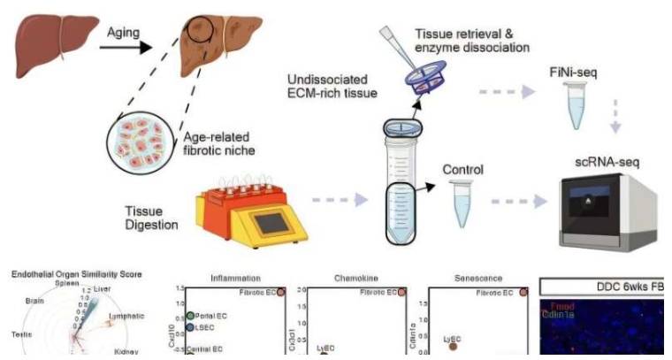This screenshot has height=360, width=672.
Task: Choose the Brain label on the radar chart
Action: pos(32,301)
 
